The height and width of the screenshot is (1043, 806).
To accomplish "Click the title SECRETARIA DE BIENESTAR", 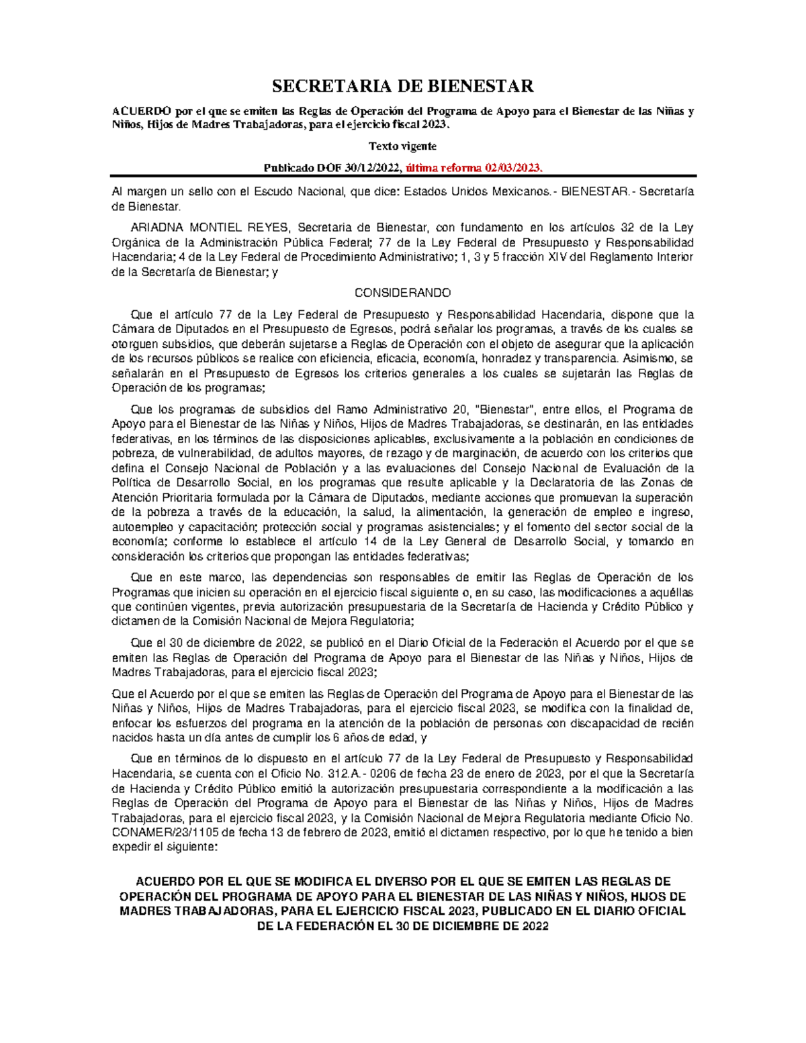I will tap(402, 86).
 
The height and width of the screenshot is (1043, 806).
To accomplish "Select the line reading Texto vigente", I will tap(402, 146).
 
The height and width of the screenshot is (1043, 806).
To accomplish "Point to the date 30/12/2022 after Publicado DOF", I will tap(367, 168).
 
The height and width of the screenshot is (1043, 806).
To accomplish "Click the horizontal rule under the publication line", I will tap(403, 176).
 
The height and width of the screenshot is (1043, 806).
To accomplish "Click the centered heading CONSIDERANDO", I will tap(402, 293).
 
